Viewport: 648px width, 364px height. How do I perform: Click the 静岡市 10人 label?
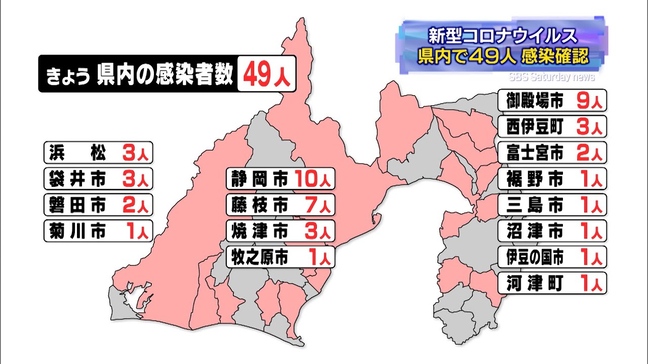(x=280, y=178)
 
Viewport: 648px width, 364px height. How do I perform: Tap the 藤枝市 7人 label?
(x=280, y=205)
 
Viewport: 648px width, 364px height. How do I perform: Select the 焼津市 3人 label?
(x=280, y=231)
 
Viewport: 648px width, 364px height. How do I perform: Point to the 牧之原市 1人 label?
(x=280, y=257)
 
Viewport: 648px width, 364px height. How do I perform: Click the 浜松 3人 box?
(x=98, y=152)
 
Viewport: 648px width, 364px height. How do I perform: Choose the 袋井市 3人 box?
(x=98, y=178)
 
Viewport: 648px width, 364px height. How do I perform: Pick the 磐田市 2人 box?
(x=98, y=205)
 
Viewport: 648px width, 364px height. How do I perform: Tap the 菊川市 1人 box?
(x=98, y=232)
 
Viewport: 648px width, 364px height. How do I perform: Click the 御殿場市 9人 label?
(x=553, y=100)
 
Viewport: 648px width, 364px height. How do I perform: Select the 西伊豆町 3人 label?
(x=553, y=126)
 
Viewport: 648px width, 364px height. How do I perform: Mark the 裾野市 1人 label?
(x=553, y=179)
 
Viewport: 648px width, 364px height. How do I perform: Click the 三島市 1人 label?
(x=553, y=205)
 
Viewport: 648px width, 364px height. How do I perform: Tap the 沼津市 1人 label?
(x=553, y=232)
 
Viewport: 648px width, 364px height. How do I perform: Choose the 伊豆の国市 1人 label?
(x=553, y=258)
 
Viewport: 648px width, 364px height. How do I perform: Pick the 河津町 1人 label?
(x=553, y=284)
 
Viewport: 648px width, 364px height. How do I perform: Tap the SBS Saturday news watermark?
(x=552, y=77)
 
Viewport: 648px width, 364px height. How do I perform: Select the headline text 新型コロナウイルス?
(x=502, y=36)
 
